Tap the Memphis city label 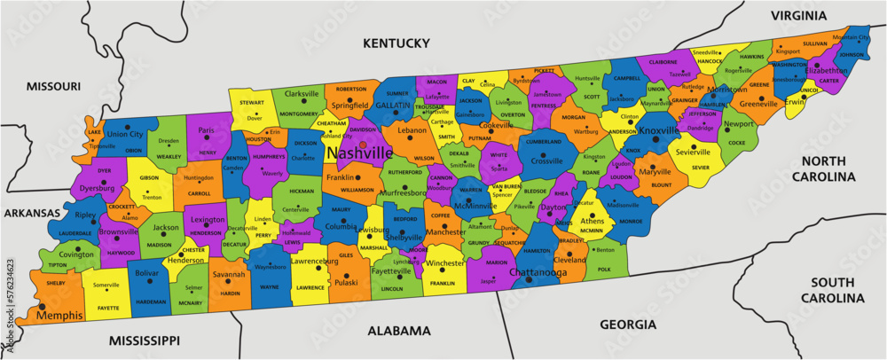(x=59, y=315)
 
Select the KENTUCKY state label (x=395, y=43)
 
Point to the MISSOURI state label (x=53, y=86)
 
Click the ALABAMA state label (x=399, y=331)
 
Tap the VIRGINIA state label (x=798, y=16)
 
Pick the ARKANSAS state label (x=32, y=214)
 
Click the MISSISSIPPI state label (x=145, y=340)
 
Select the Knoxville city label (x=658, y=130)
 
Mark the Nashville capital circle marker (x=362, y=144)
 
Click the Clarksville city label (x=302, y=93)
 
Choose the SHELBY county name (x=57, y=284)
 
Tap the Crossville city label (x=546, y=161)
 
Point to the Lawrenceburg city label (x=323, y=262)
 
